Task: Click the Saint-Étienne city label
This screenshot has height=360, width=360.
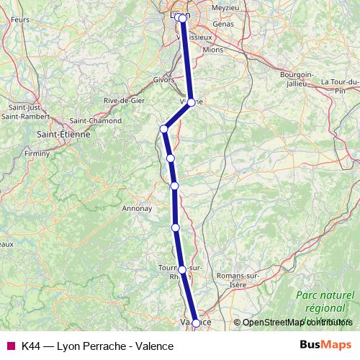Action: pyautogui.click(x=63, y=134)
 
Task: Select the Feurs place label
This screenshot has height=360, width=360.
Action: pyautogui.click(x=20, y=19)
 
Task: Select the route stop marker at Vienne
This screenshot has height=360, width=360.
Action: pyautogui.click(x=191, y=102)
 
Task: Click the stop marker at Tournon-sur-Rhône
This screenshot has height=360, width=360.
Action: pyautogui.click(x=182, y=270)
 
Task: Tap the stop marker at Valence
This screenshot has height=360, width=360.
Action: pyautogui.click(x=196, y=323)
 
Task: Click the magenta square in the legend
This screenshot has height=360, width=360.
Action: pyautogui.click(x=10, y=345)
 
